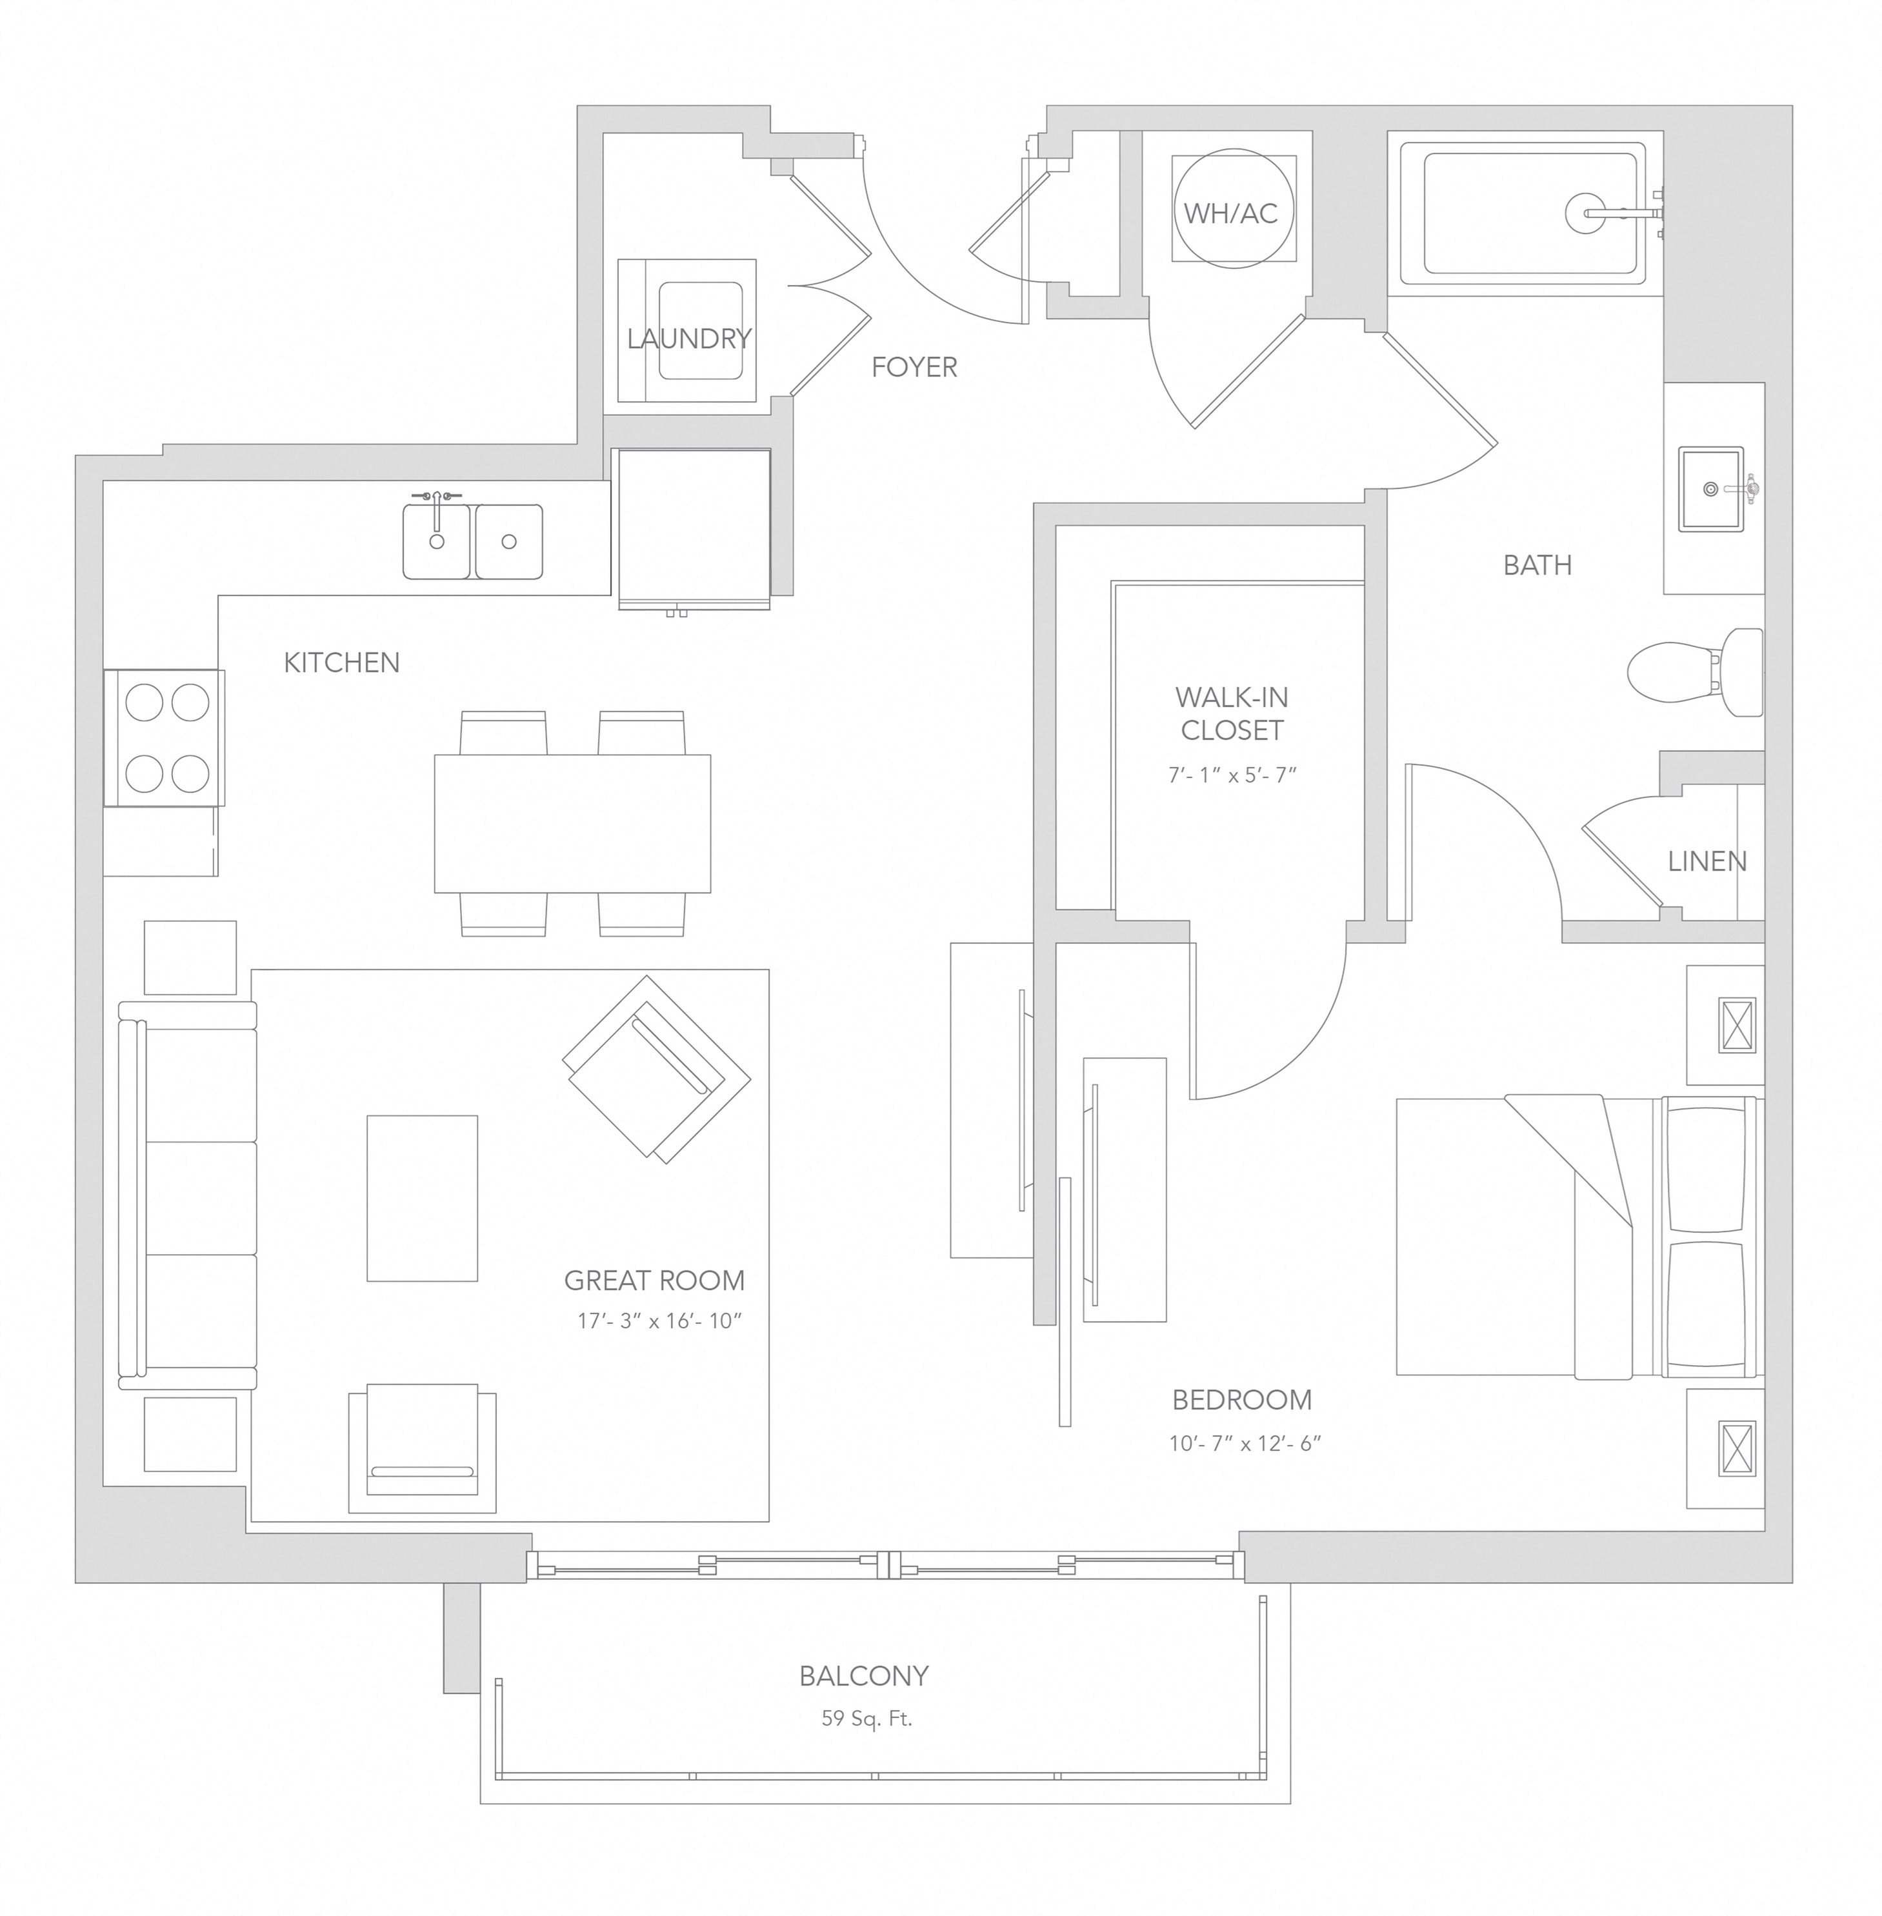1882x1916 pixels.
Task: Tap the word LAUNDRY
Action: tap(689, 339)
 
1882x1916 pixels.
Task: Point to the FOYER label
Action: tap(914, 368)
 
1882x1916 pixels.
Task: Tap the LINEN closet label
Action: tap(1707, 862)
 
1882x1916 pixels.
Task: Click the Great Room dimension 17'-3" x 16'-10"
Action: tap(659, 1321)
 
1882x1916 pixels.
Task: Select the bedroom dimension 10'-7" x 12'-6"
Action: tap(1245, 1444)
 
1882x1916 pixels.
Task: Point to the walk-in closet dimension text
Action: tap(1232, 775)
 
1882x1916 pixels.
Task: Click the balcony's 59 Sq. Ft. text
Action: tap(867, 1719)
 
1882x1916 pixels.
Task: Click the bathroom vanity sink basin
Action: tap(1711, 489)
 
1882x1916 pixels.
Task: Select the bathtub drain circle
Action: tap(1585, 212)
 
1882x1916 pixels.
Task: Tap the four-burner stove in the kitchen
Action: tap(164, 738)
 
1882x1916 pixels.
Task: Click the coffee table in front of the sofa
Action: tap(422, 1199)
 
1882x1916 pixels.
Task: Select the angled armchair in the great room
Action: tap(656, 1069)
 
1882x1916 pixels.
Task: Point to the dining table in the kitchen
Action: tap(572, 823)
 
